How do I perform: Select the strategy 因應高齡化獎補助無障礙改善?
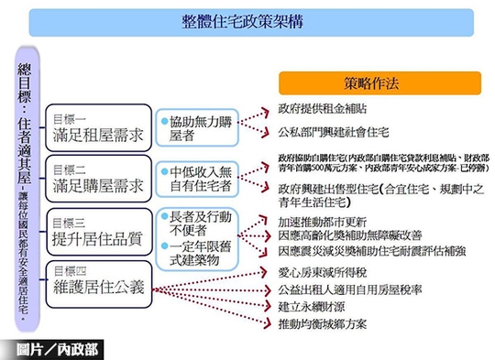(x=357, y=235)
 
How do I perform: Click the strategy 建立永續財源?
(x=316, y=305)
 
